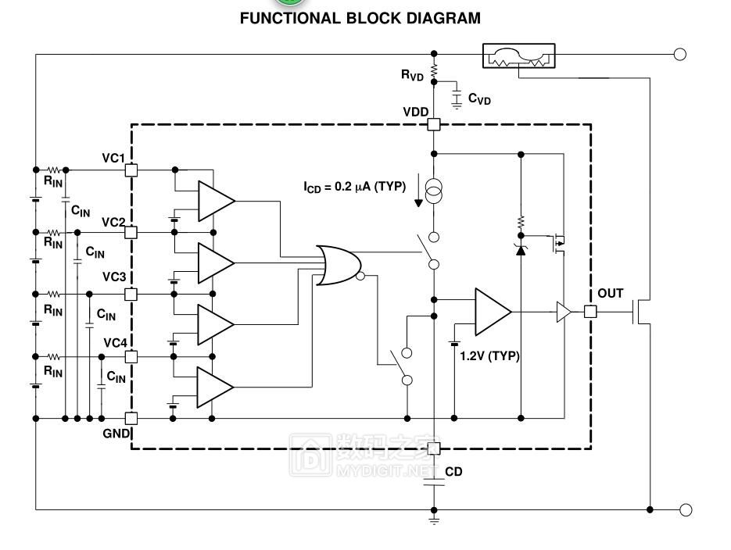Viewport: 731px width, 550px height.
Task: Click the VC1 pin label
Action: point(113,159)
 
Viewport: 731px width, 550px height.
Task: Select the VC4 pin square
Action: point(131,356)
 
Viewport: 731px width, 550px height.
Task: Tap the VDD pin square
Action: point(434,124)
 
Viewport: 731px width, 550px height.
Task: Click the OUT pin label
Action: point(611,294)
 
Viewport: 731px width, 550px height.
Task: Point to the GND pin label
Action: point(115,433)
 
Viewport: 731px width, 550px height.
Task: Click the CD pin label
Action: point(454,472)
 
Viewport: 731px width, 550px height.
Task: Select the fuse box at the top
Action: point(520,55)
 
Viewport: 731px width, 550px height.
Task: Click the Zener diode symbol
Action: point(520,248)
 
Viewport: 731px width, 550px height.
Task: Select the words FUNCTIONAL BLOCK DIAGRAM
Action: point(360,18)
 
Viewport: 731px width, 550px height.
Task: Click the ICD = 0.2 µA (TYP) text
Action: point(353,187)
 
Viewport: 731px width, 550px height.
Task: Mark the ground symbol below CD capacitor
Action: point(434,517)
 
